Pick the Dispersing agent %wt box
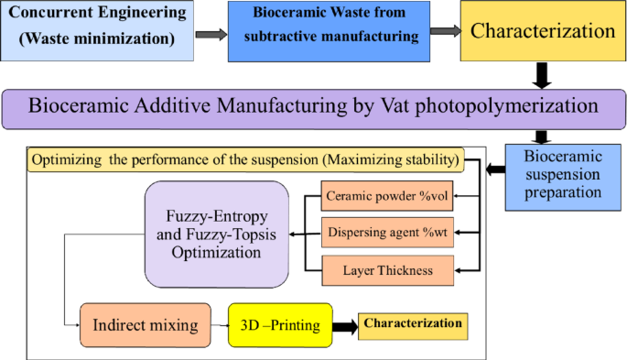[x=389, y=233]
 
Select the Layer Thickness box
[x=389, y=269]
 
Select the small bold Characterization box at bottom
[x=412, y=325]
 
